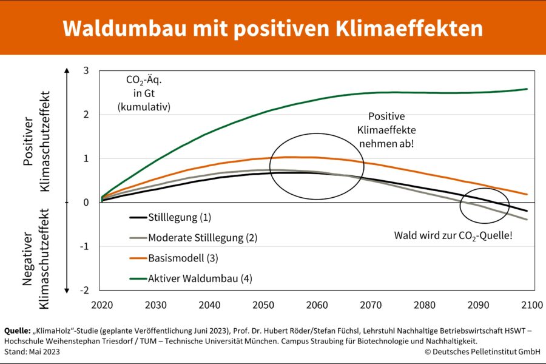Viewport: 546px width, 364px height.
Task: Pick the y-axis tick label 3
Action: pos(86,71)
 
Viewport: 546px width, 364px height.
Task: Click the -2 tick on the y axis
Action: pos(84,290)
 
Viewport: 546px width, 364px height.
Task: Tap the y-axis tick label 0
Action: pos(86,203)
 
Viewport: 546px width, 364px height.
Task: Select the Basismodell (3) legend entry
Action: pos(183,258)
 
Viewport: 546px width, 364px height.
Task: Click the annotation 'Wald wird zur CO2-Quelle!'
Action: pos(453,235)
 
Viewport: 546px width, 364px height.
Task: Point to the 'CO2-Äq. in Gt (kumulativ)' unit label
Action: pos(144,93)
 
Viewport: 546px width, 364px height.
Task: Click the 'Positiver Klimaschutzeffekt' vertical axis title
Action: pos(36,141)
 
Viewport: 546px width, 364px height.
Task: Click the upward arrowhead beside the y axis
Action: pos(66,73)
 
